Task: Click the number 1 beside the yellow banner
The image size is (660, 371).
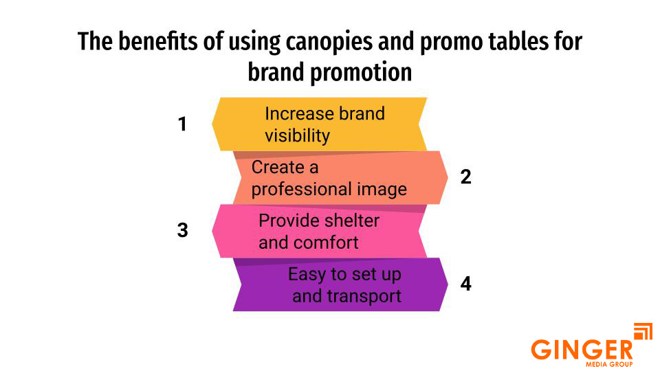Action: pyautogui.click(x=182, y=124)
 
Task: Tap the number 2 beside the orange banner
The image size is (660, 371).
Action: pyautogui.click(x=466, y=177)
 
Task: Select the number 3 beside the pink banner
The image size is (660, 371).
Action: pyautogui.click(x=182, y=230)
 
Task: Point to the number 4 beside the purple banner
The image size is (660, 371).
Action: pyautogui.click(x=466, y=283)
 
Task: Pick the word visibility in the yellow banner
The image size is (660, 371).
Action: pyautogui.click(x=297, y=135)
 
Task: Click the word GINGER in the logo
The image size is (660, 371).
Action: pyautogui.click(x=582, y=348)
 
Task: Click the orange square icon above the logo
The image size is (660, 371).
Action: pyautogui.click(x=642, y=332)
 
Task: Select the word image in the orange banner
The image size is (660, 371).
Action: pyautogui.click(x=382, y=189)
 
